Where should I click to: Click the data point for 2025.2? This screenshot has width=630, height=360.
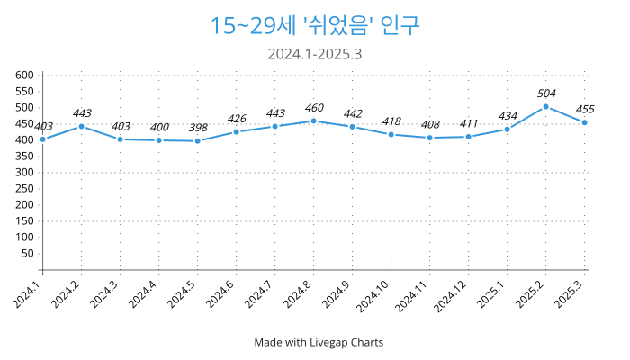(x=546, y=107)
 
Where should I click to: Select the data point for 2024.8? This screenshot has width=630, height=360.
(x=313, y=121)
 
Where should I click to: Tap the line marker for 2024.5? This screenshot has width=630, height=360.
(x=197, y=141)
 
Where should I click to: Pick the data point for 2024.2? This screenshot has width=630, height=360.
(x=81, y=126)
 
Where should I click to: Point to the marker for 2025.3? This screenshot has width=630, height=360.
(x=585, y=122)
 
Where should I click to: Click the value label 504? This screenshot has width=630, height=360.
(x=546, y=94)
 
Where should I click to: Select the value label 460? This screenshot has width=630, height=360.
(x=313, y=108)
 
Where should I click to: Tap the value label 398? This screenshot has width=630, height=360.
(x=197, y=128)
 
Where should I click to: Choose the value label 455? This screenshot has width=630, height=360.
(x=585, y=109)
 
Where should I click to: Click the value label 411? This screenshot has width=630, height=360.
(x=469, y=123)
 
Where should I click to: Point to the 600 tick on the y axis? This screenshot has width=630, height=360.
(x=25, y=76)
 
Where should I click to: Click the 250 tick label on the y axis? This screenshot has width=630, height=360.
(x=25, y=188)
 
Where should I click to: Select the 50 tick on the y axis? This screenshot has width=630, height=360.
(x=29, y=253)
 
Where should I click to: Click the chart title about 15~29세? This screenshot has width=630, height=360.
(x=315, y=25)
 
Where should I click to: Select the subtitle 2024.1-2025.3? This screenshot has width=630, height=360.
(x=315, y=54)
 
